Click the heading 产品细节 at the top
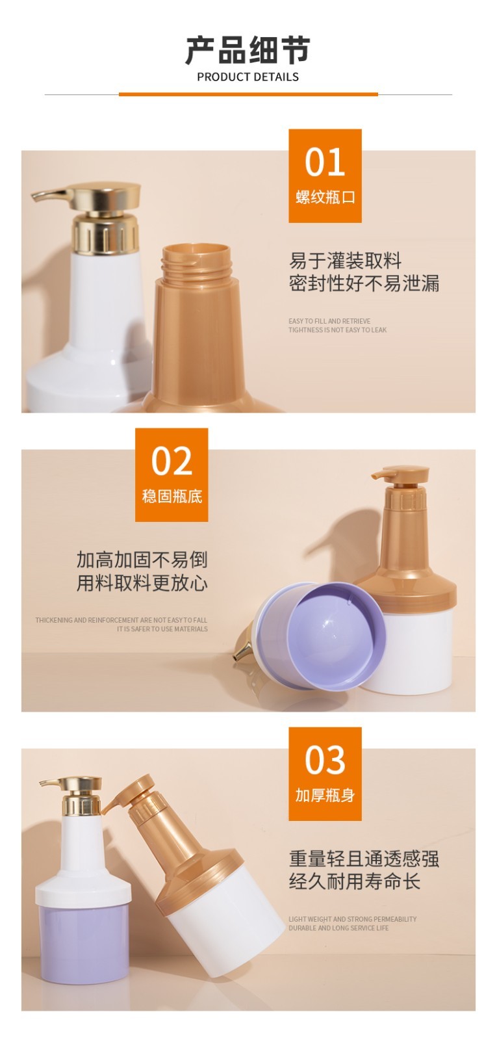[248, 50]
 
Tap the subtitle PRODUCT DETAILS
[248, 77]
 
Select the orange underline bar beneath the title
[248, 94]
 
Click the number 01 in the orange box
[325, 162]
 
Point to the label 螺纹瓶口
[325, 197]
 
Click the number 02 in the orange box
[172, 461]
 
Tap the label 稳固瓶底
[172, 497]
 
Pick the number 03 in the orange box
[325, 760]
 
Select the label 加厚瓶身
[325, 796]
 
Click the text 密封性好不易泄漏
[364, 283]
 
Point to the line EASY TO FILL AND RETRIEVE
[329, 321]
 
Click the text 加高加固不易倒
[142, 560]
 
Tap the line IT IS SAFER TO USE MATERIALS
[162, 629]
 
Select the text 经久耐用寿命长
[355, 881]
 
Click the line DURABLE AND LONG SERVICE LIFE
[338, 928]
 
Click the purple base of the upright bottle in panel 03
[84, 942]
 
